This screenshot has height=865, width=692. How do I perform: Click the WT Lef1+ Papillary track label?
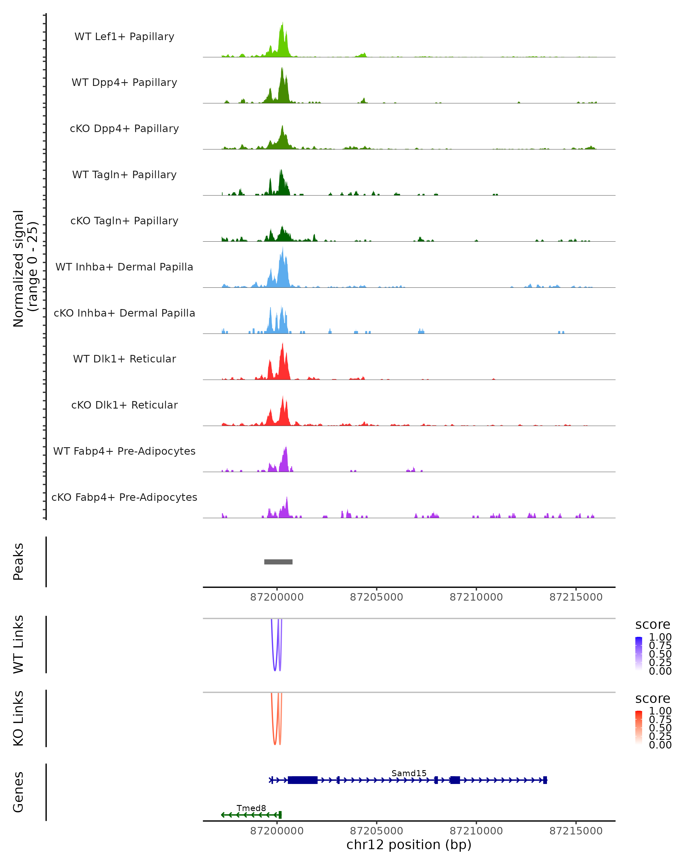124,37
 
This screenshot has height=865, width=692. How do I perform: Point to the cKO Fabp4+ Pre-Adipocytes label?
124,497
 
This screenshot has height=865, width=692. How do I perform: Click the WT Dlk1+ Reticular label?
124,359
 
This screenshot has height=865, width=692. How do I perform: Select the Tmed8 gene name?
251,808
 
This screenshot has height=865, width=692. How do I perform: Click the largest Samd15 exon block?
302,780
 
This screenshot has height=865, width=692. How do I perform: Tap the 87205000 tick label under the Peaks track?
376,597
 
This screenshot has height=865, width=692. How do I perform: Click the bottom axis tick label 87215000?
576,831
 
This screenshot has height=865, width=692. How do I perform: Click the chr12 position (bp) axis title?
409,845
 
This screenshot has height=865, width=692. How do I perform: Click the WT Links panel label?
18,644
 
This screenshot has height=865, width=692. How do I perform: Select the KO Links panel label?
18,718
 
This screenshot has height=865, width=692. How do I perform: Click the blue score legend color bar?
639,654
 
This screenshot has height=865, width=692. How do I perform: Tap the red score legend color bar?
639,727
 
